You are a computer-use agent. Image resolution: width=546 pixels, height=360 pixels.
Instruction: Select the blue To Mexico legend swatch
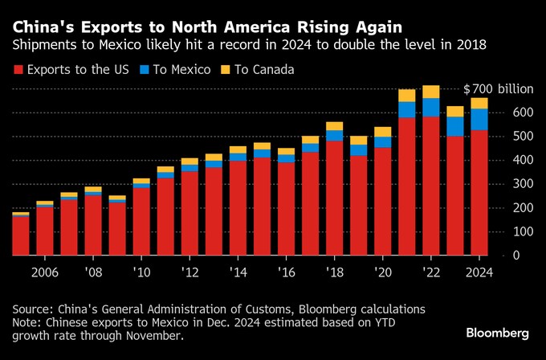(144, 70)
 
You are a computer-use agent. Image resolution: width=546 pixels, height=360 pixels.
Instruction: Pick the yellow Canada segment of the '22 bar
(431, 92)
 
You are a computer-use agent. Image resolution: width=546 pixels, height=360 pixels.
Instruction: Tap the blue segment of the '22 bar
(431, 107)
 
